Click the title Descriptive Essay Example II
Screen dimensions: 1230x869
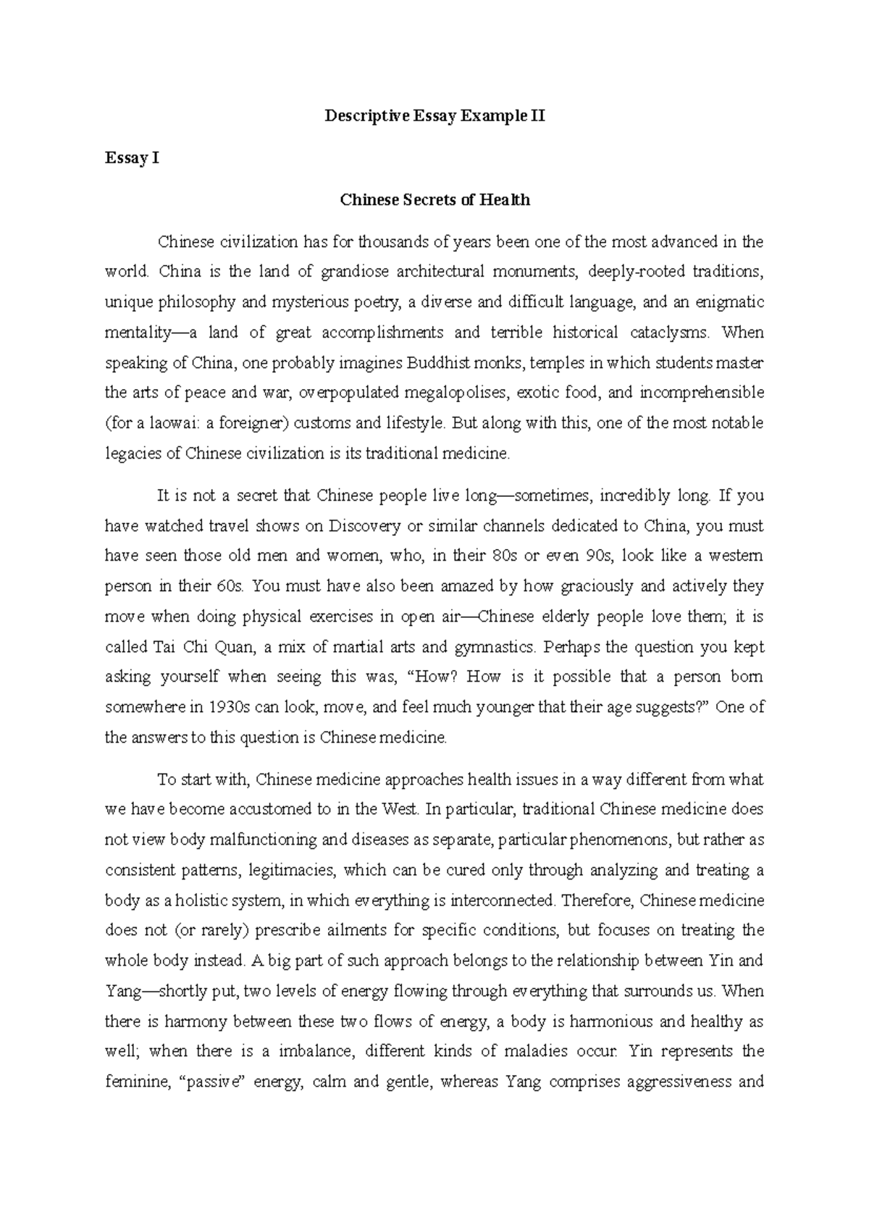click(434, 115)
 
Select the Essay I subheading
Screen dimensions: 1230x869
click(131, 157)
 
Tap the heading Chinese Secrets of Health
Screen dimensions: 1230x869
click(434, 200)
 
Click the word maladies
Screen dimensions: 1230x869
click(551, 1051)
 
